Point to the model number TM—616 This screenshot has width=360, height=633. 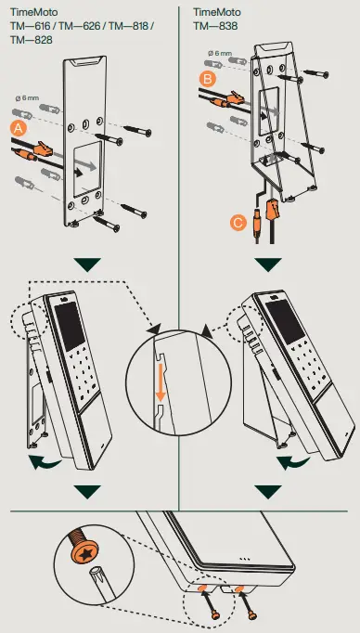tap(29, 27)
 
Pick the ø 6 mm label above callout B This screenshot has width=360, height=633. tap(223, 54)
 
